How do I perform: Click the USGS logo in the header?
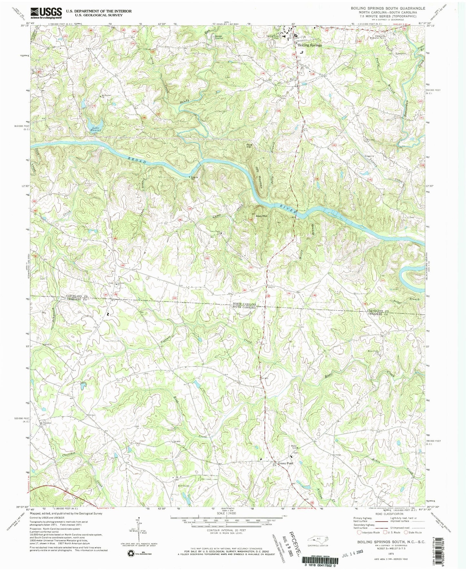pyautogui.click(x=46, y=12)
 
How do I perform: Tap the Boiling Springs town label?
pyautogui.click(x=309, y=46)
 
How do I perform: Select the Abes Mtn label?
pyautogui.click(x=262, y=216)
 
